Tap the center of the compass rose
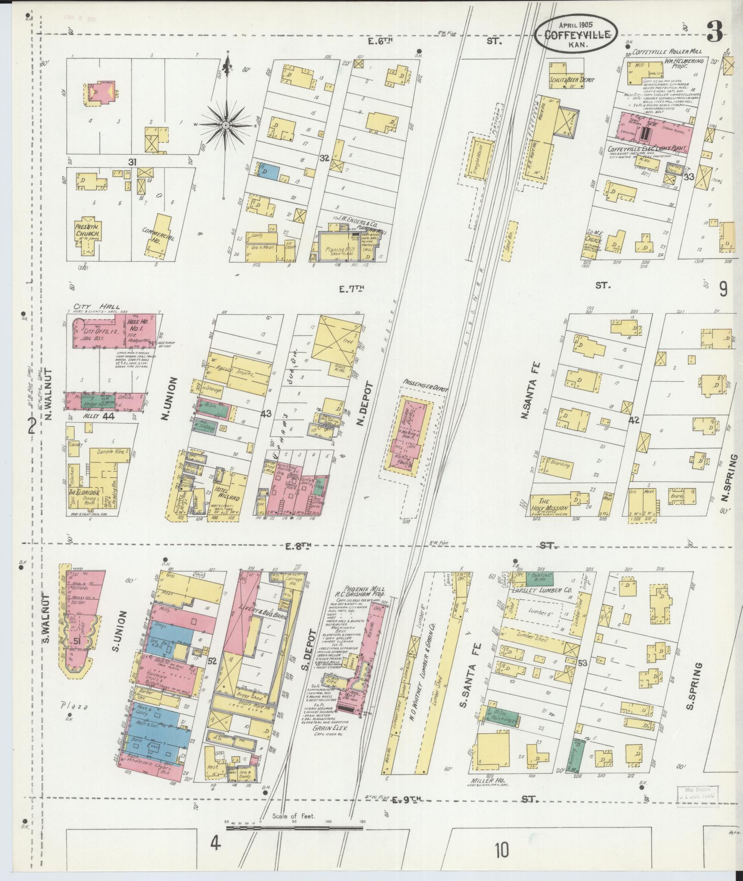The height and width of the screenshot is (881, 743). (x=226, y=125)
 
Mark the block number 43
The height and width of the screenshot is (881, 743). (x=266, y=414)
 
